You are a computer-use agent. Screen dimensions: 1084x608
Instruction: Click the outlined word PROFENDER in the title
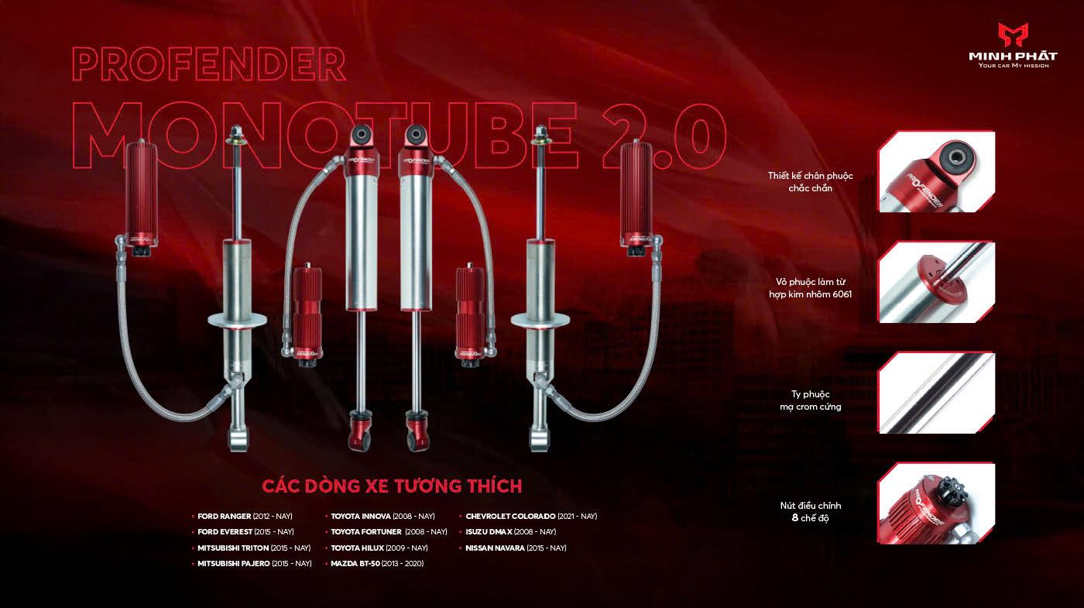[x=209, y=64]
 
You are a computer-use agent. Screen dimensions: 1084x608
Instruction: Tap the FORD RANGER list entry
[x=245, y=516]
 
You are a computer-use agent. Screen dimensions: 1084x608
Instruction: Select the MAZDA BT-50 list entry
[x=377, y=564]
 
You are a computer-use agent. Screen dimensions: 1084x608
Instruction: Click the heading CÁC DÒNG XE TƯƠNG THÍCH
[x=392, y=486]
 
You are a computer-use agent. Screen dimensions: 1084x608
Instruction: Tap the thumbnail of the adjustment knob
[x=936, y=503]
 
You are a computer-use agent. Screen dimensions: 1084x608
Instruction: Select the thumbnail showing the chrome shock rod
[x=936, y=393]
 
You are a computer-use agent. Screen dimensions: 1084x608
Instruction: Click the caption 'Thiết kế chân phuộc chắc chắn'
[x=810, y=182]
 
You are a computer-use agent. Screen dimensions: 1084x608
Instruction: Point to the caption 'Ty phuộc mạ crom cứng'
[x=810, y=400]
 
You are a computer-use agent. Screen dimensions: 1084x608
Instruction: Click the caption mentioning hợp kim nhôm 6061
[x=810, y=288]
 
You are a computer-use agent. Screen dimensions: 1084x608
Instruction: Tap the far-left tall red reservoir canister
[x=141, y=198]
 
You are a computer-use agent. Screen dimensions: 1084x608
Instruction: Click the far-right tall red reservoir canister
[x=636, y=198]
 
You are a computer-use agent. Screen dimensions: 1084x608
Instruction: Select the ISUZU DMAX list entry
[x=510, y=531]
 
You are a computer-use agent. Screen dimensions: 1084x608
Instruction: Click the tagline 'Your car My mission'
[x=1014, y=65]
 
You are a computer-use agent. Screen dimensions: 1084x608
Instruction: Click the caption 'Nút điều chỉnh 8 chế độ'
[x=810, y=512]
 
